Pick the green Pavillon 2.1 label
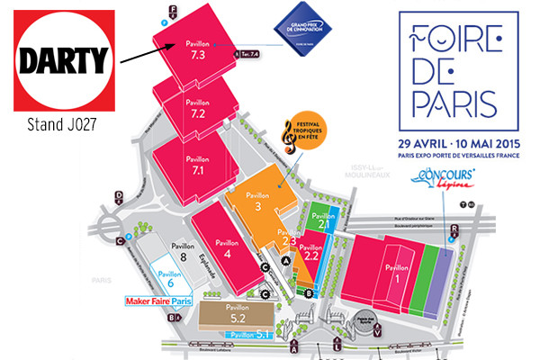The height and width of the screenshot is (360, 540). (322, 219)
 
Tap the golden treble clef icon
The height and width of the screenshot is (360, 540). (289, 135)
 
